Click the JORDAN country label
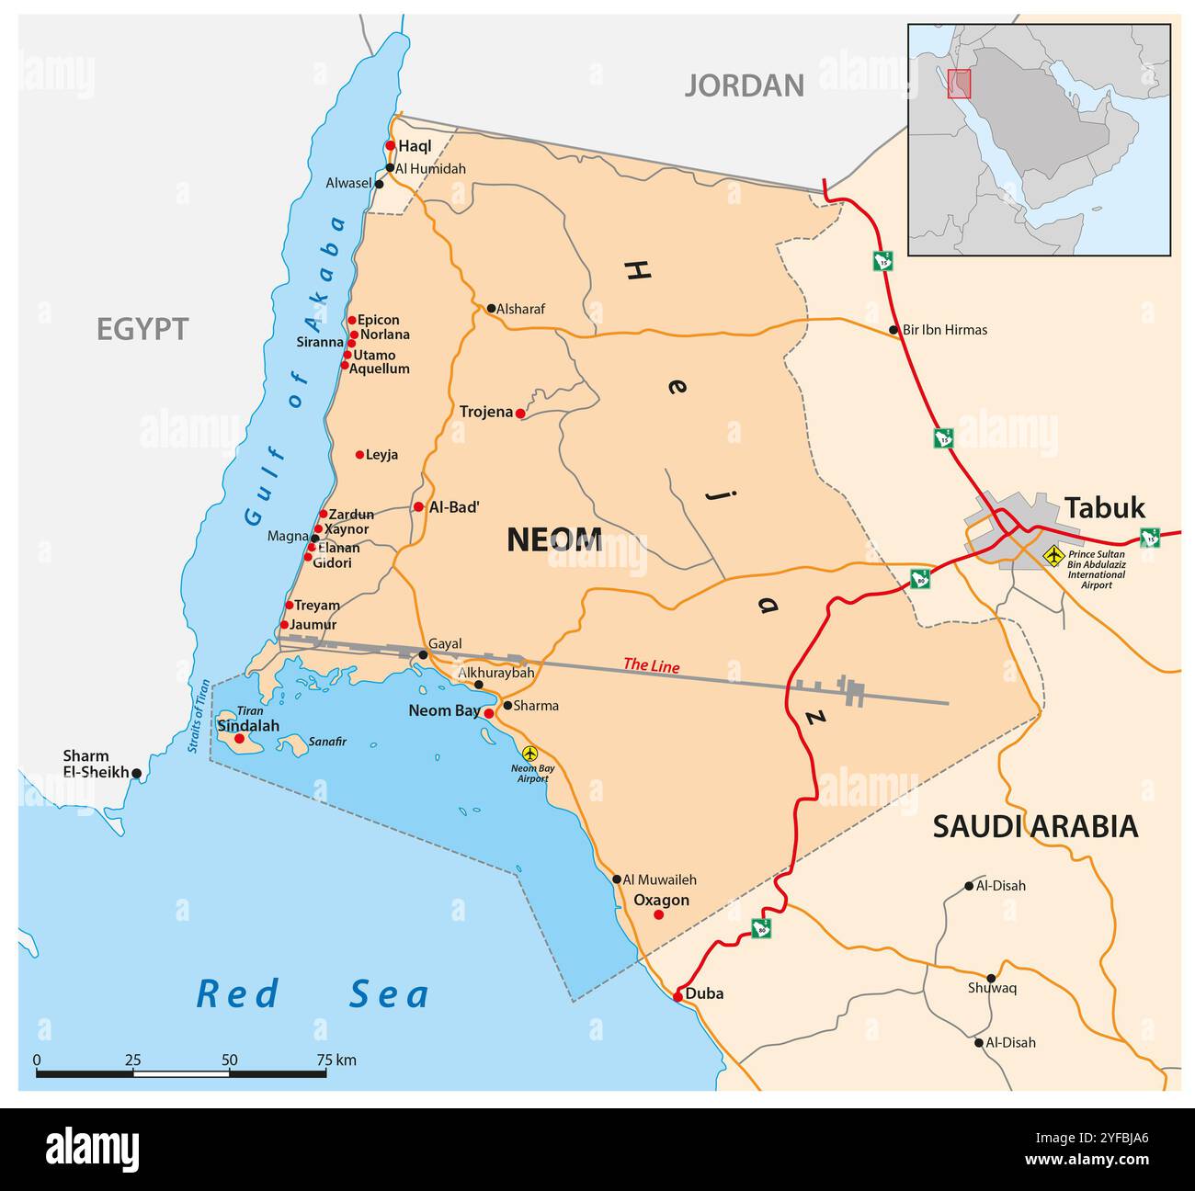coord(744,85)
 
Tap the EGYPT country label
coord(142,329)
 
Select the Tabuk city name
coord(1105,508)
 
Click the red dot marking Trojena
coord(520,414)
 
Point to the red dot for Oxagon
coord(658,914)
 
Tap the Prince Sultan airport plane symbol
coord(1053,555)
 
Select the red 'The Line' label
coord(651,665)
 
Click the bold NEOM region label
coord(554,540)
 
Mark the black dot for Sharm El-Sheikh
coord(137,774)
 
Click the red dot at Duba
coord(677,996)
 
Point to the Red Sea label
coord(313,994)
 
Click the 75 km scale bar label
coord(336,1061)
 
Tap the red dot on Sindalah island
coord(240,738)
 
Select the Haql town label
coord(415,146)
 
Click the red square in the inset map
coord(959,84)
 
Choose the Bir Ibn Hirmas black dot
coord(893,330)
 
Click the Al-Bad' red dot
coord(418,506)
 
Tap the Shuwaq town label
coord(992,989)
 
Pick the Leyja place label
coord(381,455)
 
